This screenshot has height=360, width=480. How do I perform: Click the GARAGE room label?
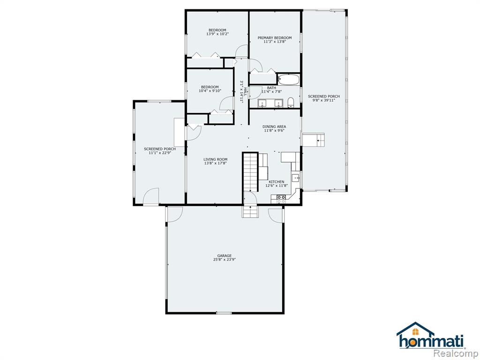225,255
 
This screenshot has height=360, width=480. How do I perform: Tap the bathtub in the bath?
288,80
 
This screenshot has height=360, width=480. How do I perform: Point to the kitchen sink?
296,178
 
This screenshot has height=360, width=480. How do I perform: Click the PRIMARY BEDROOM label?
275,38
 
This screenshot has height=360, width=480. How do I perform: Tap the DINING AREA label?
274,127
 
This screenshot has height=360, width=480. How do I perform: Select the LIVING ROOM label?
216,159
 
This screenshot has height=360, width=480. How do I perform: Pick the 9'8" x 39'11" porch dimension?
324,100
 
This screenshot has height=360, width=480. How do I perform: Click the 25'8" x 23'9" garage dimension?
225,260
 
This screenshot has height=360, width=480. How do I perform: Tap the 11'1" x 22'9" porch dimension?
160,153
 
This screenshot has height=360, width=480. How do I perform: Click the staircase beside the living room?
250,172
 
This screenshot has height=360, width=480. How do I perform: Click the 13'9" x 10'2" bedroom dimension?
217,34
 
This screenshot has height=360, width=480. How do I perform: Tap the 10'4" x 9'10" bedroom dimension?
210,90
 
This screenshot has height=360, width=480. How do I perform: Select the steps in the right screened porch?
313,140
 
